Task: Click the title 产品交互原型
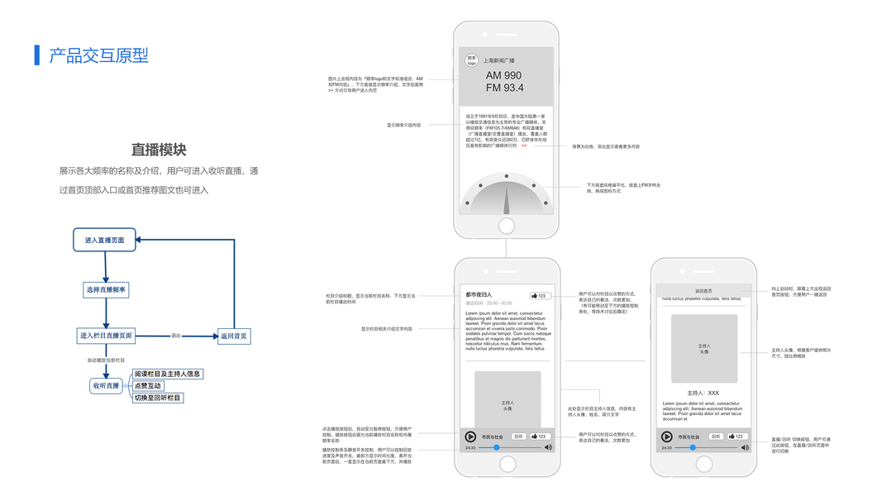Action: (98, 55)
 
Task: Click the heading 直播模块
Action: (159, 150)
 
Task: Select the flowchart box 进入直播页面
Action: (104, 241)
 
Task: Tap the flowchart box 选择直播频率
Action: (106, 289)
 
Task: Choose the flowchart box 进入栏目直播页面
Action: (106, 336)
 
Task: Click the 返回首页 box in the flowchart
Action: (232, 336)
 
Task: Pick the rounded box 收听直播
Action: (106, 386)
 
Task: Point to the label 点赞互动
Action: (148, 386)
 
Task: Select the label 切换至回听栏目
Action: (158, 398)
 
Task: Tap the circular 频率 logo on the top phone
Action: (472, 61)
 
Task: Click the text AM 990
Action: (503, 75)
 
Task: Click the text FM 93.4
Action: (504, 88)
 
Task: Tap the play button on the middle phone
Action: (470, 436)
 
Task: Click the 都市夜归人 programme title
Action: (479, 294)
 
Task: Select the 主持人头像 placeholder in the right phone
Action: (703, 348)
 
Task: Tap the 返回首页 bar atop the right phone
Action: (703, 290)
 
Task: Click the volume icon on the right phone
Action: (745, 447)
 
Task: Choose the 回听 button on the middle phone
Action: (518, 436)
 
